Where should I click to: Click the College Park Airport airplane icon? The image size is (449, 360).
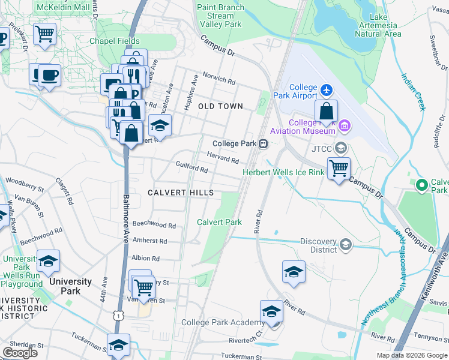click(x=327, y=90)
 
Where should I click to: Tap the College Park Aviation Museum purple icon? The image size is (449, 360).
click(x=345, y=125)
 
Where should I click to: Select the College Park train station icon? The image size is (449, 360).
click(x=263, y=144)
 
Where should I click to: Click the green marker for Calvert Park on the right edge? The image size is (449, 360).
click(x=421, y=185)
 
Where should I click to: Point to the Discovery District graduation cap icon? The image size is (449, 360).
click(x=345, y=244)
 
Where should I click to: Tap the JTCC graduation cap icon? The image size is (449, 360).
click(x=341, y=148)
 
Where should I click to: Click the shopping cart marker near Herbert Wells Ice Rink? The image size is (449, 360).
click(x=339, y=169)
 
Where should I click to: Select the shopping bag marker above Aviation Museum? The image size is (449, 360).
click(x=326, y=112)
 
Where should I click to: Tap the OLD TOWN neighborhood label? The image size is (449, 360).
click(x=221, y=106)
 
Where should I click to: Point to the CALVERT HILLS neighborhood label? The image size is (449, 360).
click(x=181, y=193)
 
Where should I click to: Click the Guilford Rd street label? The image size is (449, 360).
click(x=191, y=166)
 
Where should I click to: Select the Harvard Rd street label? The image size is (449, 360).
click(x=223, y=157)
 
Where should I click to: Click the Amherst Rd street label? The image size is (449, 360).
click(x=150, y=241)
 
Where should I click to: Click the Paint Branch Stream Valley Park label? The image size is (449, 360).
click(x=221, y=16)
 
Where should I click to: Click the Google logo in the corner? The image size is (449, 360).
click(x=20, y=353)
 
